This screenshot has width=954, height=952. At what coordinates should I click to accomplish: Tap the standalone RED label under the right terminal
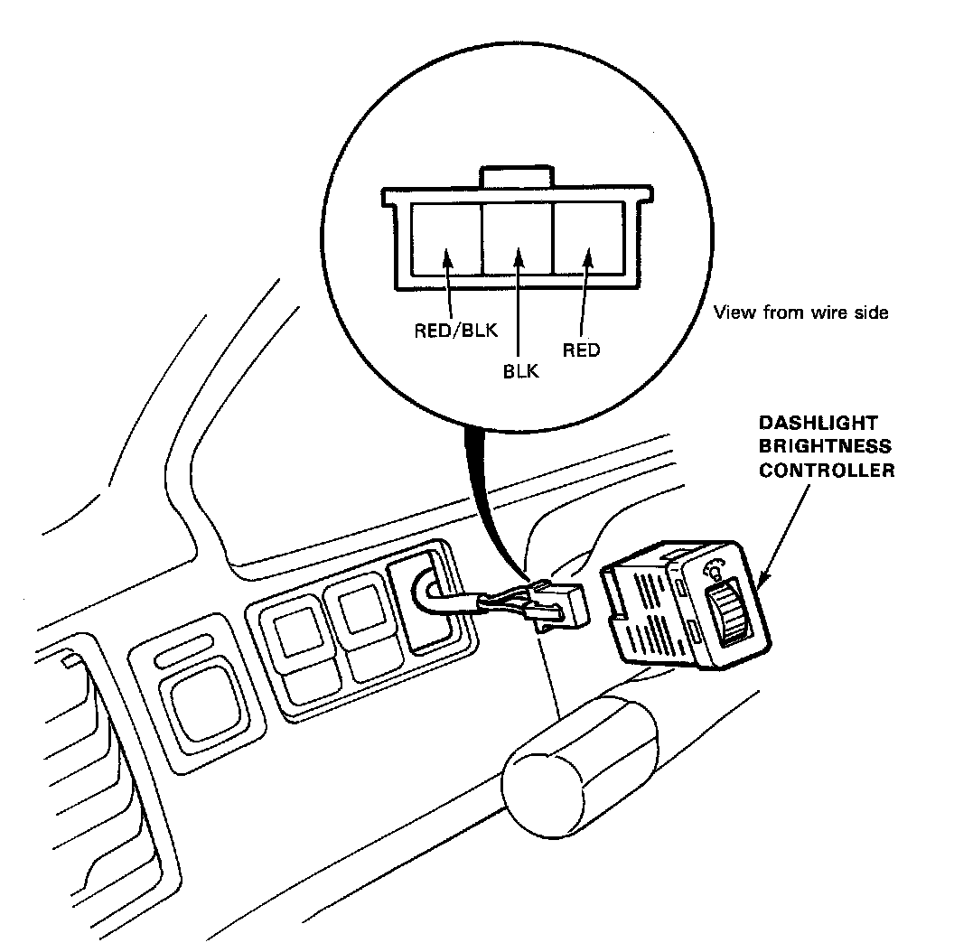coord(581,350)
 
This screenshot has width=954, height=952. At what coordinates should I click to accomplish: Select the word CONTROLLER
coord(827,471)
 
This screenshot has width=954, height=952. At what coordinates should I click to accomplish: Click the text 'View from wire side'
coord(801,313)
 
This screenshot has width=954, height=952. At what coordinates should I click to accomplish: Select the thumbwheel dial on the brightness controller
coord(729,614)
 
